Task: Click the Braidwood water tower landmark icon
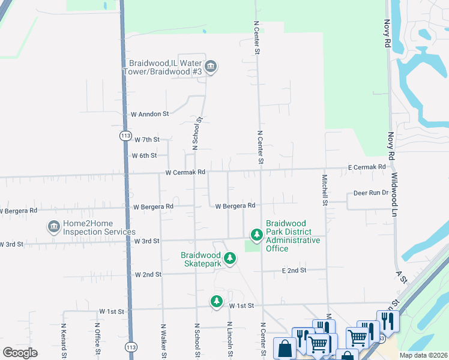(210, 67)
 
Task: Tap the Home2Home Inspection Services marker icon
(53, 227)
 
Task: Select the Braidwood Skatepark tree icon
(229, 259)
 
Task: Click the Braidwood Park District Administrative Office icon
(256, 235)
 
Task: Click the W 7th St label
(147, 139)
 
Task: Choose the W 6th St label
(144, 155)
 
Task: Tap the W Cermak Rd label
(185, 172)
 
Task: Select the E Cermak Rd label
(367, 167)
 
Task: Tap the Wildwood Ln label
(394, 196)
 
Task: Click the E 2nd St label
(294, 271)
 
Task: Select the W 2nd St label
(148, 274)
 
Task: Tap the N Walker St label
(163, 341)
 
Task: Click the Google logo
(20, 353)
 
